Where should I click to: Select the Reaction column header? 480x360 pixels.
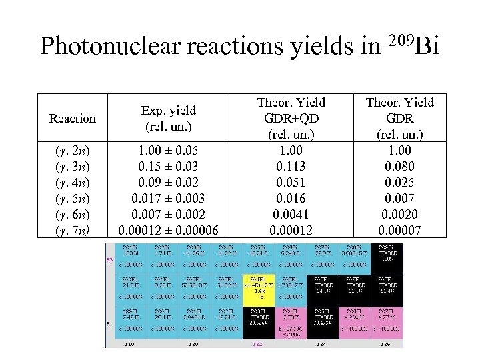tap(72, 119)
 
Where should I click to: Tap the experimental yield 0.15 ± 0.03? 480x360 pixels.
tap(168, 166)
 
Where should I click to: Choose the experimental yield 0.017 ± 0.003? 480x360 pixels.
tap(168, 199)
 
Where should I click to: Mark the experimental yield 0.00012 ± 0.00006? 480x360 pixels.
tap(168, 231)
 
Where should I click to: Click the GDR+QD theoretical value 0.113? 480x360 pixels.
tap(291, 166)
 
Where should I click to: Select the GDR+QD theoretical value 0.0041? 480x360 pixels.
tap(291, 215)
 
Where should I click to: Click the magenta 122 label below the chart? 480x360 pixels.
tap(258, 345)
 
